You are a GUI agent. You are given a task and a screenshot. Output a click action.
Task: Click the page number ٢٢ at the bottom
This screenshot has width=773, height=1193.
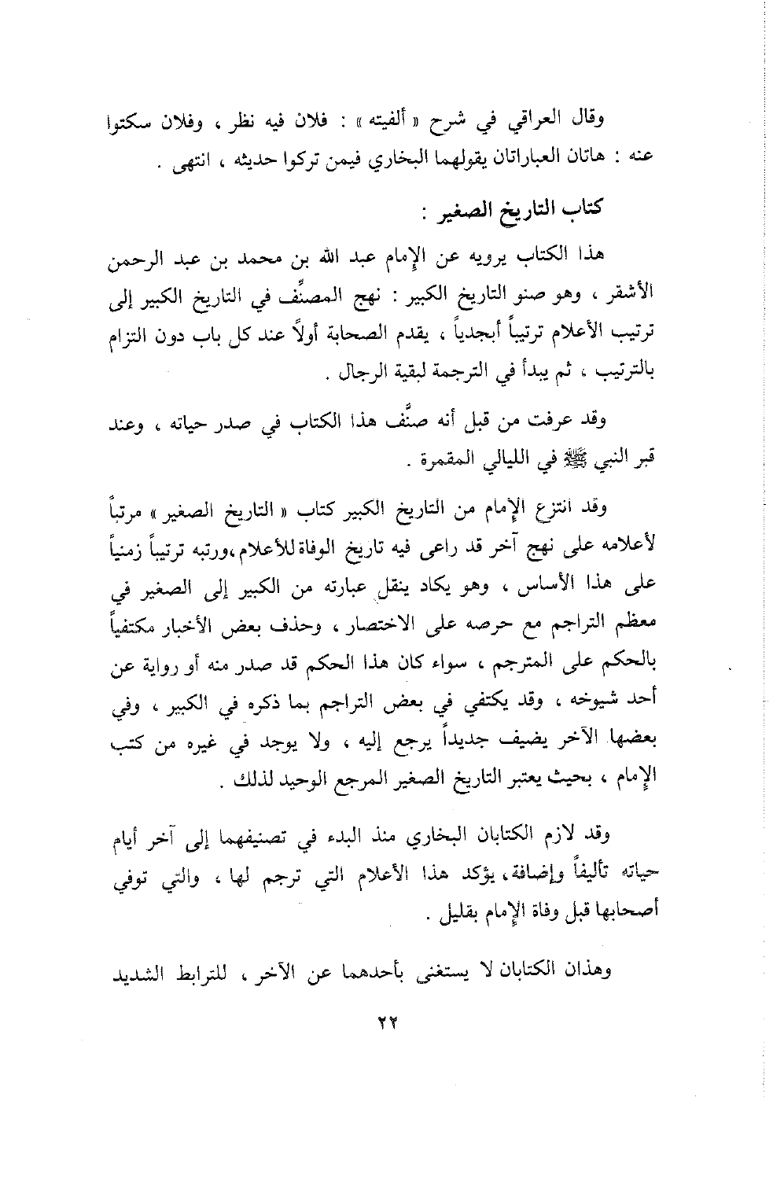coord(385,1021)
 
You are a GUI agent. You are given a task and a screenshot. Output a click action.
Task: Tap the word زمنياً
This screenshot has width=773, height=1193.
coord(144,546)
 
